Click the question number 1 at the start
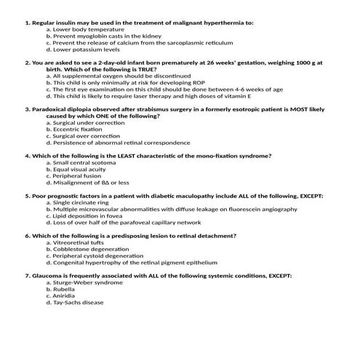click(26, 23)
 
